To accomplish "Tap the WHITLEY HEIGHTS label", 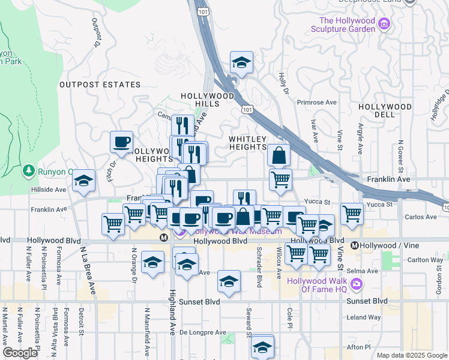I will click(247, 143).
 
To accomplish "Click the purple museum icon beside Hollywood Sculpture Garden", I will click(384, 25).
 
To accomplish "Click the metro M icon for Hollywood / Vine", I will click(355, 245).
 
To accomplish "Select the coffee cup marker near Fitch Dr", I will click(122, 143).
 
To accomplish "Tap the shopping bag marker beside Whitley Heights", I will click(279, 155).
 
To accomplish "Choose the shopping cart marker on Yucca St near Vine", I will click(352, 213).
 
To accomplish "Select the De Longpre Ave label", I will click(203, 332).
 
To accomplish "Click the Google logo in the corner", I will click(20, 353).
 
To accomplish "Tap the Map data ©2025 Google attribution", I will click(412, 355).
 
